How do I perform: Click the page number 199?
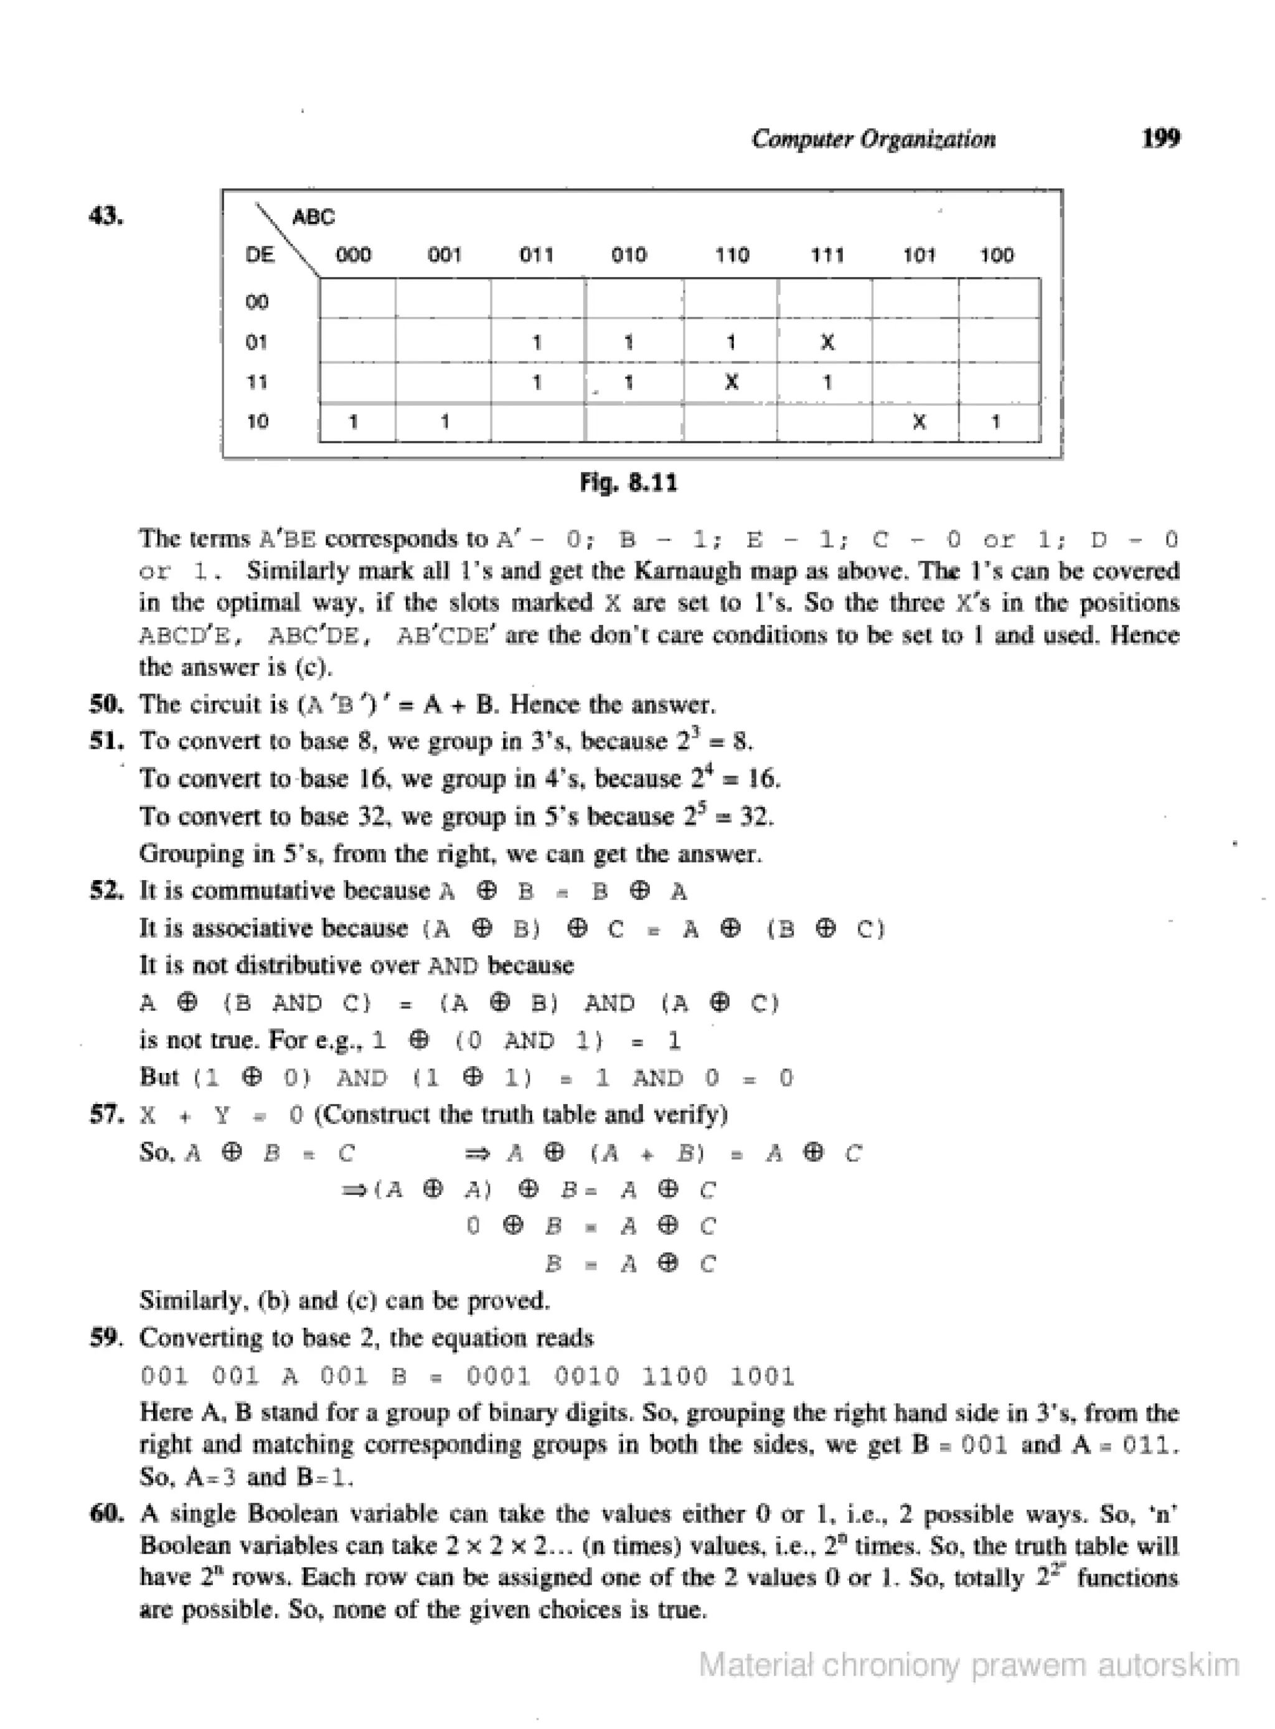coord(1160,138)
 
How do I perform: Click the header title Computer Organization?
coord(873,139)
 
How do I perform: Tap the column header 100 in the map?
coord(996,255)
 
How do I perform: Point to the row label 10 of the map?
coord(257,421)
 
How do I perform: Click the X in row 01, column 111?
coord(827,342)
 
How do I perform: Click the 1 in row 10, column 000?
coord(353,422)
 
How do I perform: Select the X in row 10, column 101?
coord(918,422)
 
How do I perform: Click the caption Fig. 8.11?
coord(628,483)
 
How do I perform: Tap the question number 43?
coord(106,216)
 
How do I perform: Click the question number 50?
coord(106,704)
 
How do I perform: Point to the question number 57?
coord(106,1114)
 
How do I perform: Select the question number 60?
coord(106,1513)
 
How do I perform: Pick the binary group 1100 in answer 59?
coord(674,1376)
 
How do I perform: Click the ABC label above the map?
coord(313,218)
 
